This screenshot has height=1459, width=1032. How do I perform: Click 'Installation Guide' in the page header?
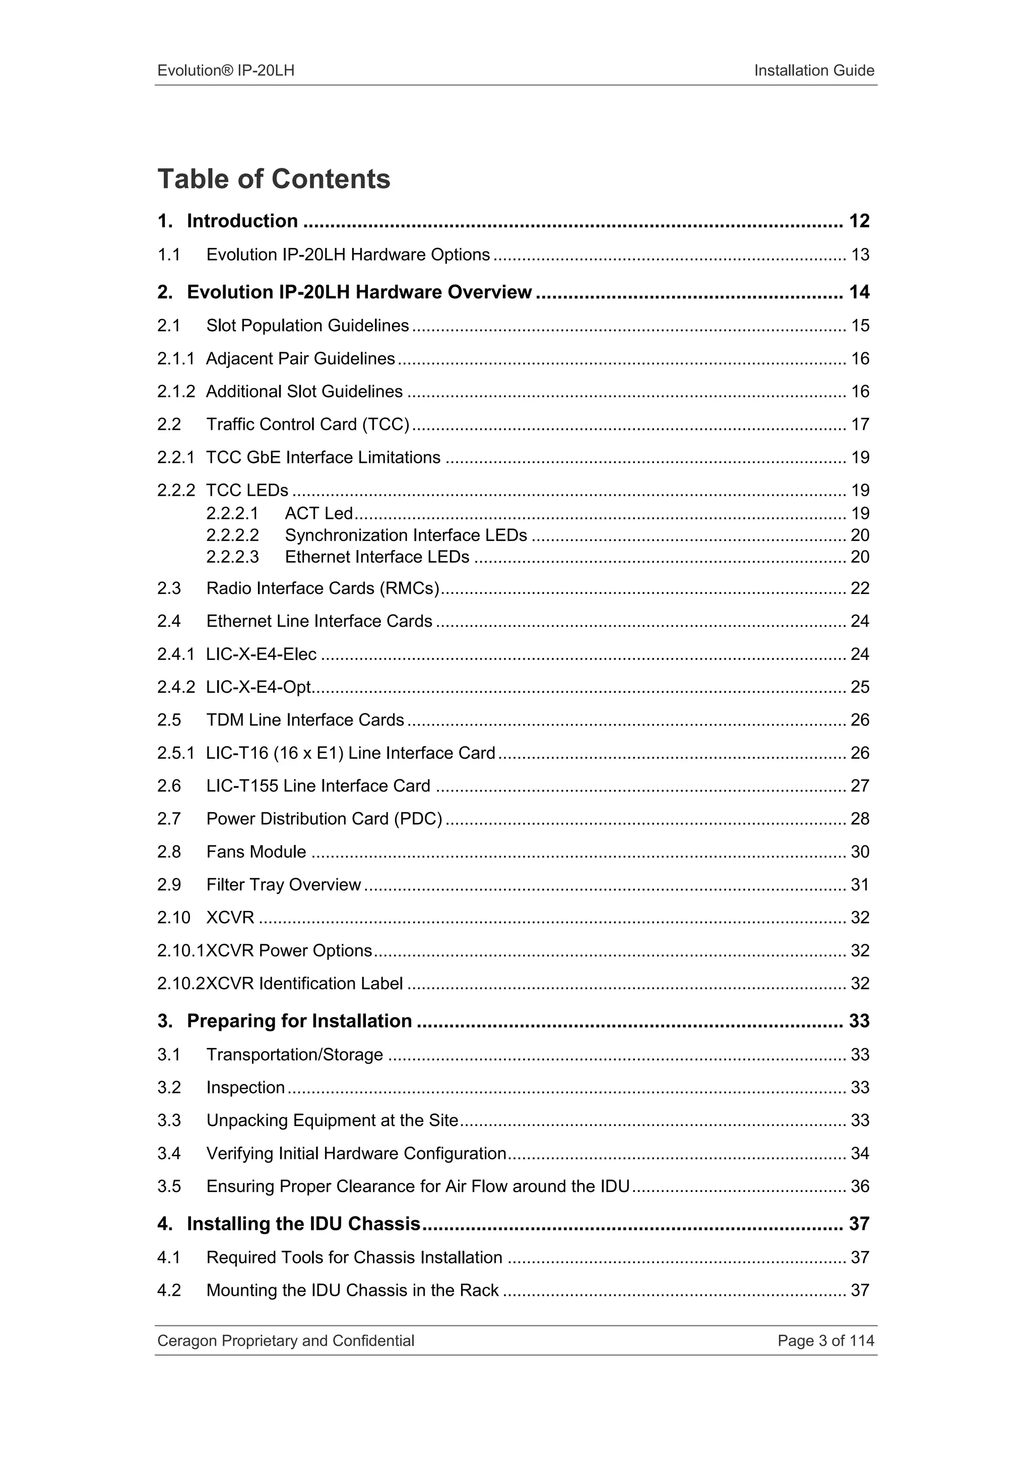(813, 71)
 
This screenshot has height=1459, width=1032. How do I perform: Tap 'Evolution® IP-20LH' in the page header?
(226, 71)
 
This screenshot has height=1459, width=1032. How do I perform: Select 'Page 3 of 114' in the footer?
(825, 1340)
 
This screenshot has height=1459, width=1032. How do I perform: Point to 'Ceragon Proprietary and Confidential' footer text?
(285, 1340)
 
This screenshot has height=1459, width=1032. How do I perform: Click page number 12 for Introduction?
(859, 221)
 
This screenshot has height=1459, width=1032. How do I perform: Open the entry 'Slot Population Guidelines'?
(307, 325)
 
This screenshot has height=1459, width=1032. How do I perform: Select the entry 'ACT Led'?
(318, 513)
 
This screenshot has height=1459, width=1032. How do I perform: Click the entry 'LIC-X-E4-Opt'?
(259, 687)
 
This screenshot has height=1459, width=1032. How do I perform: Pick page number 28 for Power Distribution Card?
(859, 819)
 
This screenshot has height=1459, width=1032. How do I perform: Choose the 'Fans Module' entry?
(256, 851)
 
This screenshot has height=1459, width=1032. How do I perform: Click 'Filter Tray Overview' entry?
(283, 885)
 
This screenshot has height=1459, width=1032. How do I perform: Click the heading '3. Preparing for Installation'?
(285, 1021)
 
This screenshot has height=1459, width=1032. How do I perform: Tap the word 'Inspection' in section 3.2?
(245, 1087)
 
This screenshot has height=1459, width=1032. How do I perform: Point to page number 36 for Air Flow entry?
(859, 1186)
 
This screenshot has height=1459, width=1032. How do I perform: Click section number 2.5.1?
(175, 753)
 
